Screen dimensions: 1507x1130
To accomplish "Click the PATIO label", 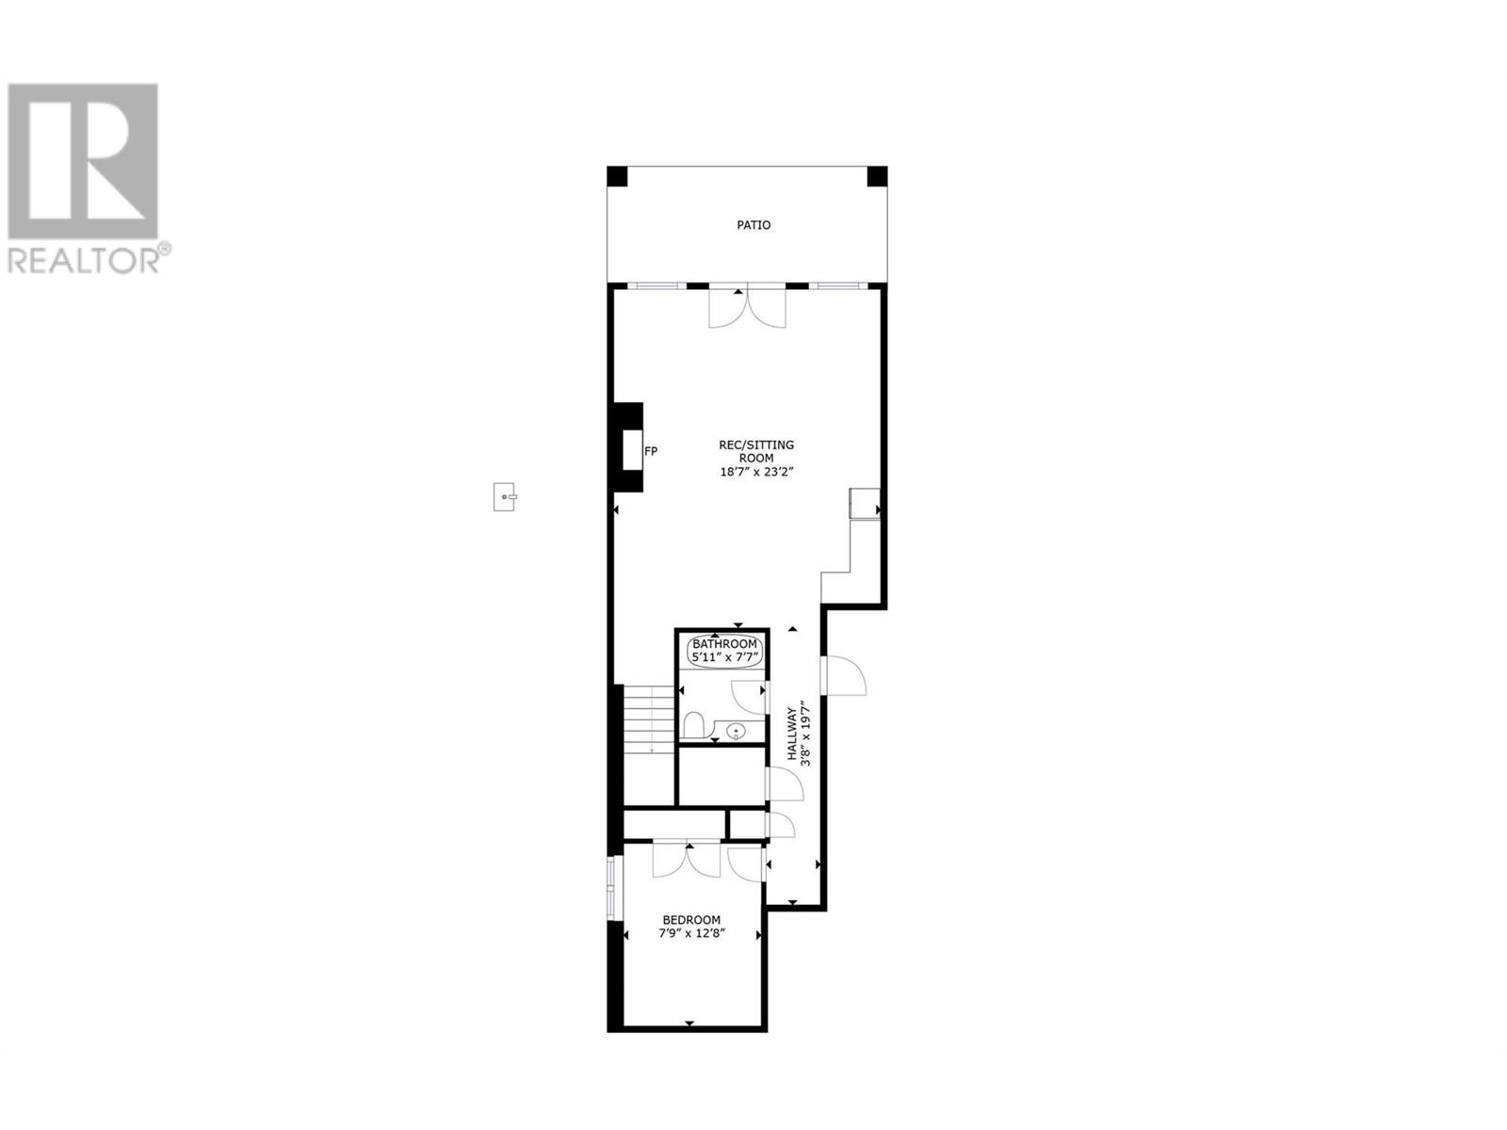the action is point(753,225).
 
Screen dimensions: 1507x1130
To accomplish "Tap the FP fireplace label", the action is point(650,451).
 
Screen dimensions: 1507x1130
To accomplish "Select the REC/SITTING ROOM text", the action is point(756,451).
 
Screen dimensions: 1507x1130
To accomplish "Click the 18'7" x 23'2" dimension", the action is point(756,472).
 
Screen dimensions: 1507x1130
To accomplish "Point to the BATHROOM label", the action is point(724,643).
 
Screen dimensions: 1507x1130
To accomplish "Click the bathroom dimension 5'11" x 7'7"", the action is point(724,657).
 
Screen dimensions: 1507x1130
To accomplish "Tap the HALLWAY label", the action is point(791,734).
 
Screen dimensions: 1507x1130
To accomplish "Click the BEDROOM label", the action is point(690,920).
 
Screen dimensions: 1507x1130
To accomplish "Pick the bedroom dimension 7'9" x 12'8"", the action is point(690,933).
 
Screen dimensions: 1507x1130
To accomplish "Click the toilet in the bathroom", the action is point(693,724).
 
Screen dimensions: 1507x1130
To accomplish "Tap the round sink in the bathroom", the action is point(736,732).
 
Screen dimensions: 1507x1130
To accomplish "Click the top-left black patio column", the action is point(617,176).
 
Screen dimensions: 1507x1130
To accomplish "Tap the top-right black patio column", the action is point(877,176).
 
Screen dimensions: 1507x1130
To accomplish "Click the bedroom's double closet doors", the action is point(686,861).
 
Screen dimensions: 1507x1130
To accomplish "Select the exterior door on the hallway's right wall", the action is point(843,676).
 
